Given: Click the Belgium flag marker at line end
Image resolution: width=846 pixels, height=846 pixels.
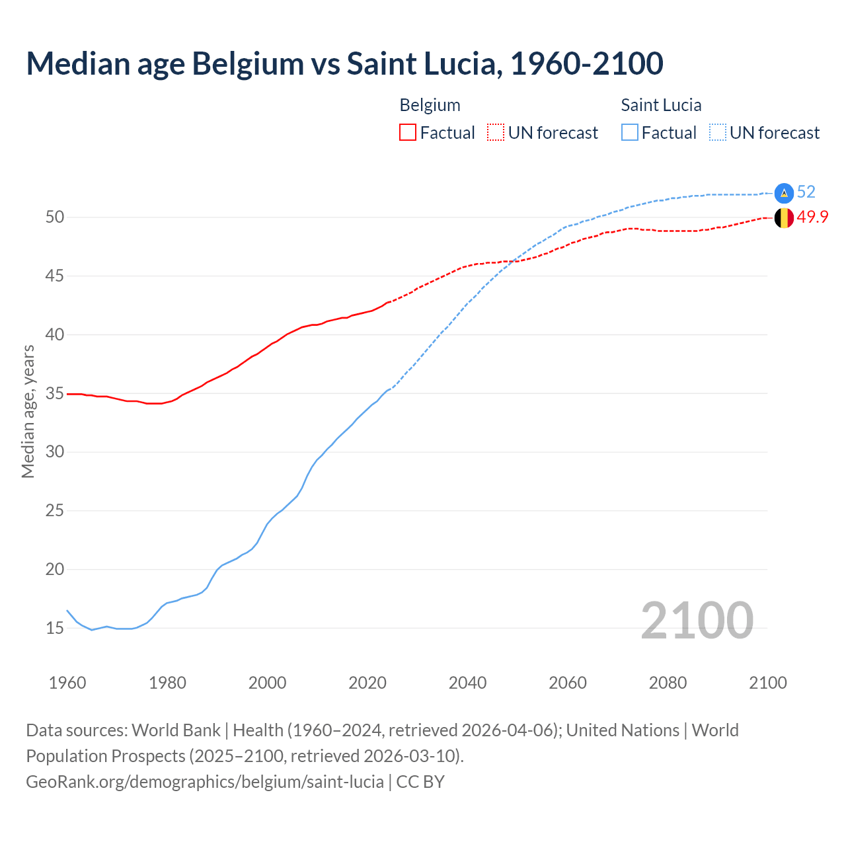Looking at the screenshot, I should [x=784, y=217].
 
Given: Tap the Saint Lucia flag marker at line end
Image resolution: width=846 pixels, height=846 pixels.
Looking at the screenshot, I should [x=784, y=192].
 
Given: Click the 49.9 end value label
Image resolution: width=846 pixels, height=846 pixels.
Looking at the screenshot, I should [x=812, y=217].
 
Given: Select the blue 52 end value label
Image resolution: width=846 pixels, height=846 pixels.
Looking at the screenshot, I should [x=806, y=192].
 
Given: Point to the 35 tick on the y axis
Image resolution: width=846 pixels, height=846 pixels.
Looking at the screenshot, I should [x=54, y=394].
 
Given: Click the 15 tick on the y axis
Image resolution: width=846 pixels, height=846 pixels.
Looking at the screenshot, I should [x=54, y=628].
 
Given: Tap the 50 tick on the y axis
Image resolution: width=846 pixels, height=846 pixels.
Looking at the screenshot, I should [x=54, y=217].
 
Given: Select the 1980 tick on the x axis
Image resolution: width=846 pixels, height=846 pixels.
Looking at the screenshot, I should [x=167, y=683].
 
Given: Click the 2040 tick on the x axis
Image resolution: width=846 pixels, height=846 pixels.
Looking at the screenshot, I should [x=467, y=683].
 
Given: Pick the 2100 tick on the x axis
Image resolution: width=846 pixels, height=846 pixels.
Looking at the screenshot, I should [x=767, y=683].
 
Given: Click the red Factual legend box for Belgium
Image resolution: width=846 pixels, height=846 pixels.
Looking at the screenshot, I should [x=408, y=133].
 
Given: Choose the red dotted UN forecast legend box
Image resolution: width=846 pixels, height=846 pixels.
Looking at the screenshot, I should [x=496, y=133].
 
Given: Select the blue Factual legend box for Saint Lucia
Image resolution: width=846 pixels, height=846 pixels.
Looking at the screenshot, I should [x=630, y=133].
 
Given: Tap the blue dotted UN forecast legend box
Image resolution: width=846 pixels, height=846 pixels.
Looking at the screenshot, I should [x=717, y=133].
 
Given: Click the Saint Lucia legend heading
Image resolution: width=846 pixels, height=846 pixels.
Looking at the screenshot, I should [x=661, y=105].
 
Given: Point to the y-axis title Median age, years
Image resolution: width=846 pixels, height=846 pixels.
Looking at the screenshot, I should [x=28, y=411].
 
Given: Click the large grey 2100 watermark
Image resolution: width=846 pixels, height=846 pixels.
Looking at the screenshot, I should [x=697, y=620].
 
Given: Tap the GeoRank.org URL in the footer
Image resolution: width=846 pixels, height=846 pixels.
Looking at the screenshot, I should [x=205, y=781].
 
